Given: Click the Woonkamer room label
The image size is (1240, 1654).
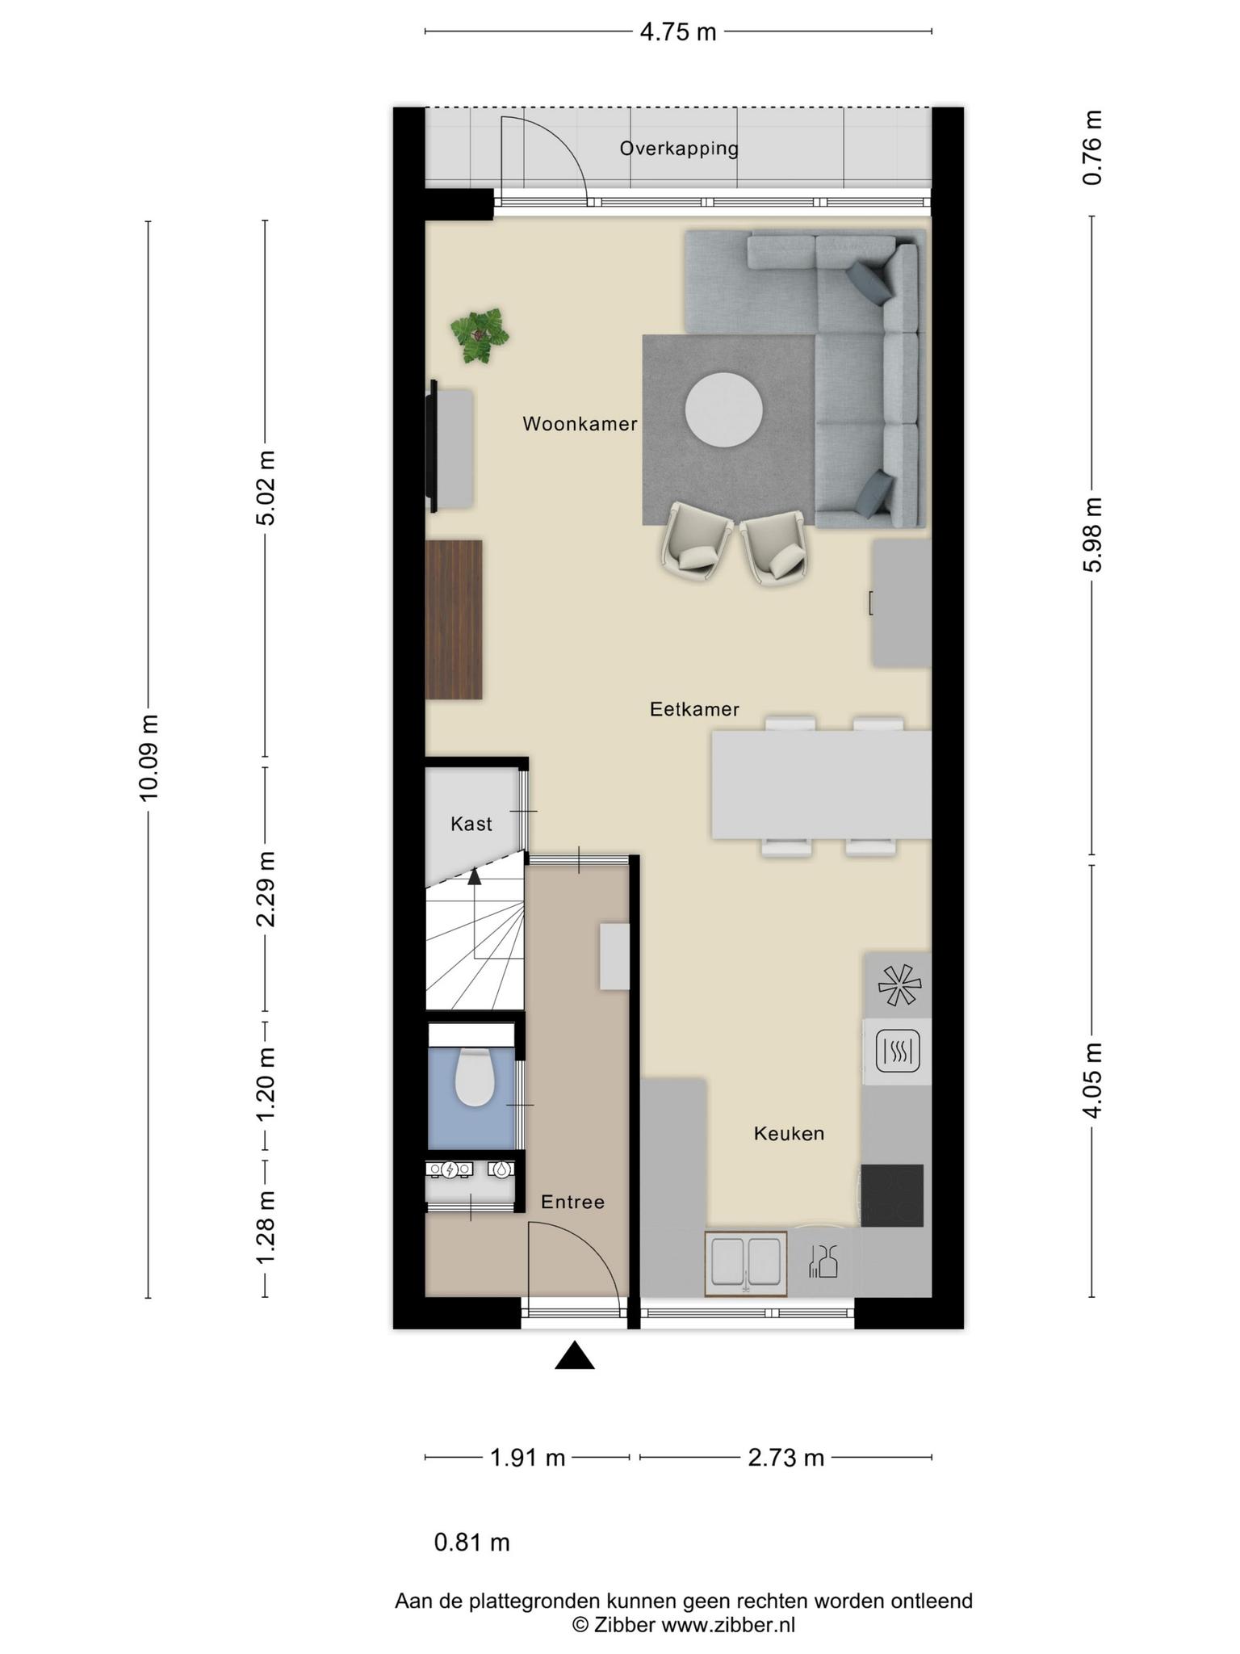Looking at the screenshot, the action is coord(580,424).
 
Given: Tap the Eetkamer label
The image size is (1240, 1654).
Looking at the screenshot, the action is coord(694,709).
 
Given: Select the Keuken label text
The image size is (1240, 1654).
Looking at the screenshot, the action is coord(789,1133).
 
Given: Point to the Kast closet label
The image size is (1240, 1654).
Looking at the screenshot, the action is coord(471,824).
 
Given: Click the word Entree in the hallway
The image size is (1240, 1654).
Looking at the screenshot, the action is coord(572,1202).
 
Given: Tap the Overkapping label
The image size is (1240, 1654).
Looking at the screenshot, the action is coord(679,149).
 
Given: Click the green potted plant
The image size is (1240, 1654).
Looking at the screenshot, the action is coord(480,334).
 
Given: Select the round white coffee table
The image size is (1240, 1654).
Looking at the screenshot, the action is coord(724,409).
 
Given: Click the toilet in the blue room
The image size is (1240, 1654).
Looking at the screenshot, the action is coord(475,1077).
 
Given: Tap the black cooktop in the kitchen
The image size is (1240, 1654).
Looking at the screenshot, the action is coord(892,1195).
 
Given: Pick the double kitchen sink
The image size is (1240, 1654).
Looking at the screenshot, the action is coord(745,1264).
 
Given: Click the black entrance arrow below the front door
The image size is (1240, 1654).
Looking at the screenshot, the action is coord(575,1356).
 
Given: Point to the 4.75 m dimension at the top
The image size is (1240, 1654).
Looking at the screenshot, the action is coord(678,32).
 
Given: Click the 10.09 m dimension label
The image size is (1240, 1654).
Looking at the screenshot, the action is coord(149,758).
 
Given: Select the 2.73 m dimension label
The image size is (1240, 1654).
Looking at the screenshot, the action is coord(785,1458).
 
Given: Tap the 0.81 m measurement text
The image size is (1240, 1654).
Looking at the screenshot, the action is coord(472,1543).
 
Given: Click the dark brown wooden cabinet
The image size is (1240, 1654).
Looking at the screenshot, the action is coord(454,619).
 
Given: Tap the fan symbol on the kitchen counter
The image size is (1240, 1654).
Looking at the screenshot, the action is coord(899,984).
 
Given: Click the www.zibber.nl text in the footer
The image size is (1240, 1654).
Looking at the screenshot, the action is coord(728,1625).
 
